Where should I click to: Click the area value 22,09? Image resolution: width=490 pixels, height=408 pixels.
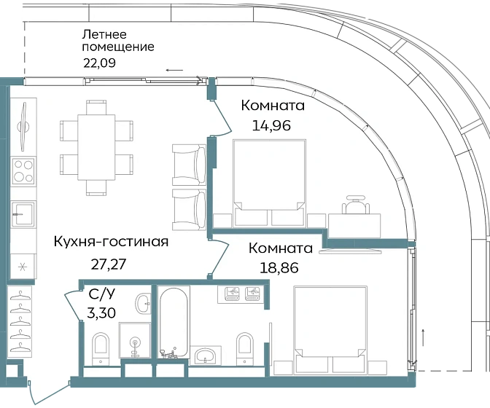coord(101,62)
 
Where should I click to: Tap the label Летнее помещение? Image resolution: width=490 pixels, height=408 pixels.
coord(117,40)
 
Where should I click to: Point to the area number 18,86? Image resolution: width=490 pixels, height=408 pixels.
coord(281,265)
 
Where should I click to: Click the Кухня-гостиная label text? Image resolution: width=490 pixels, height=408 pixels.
coord(112,243)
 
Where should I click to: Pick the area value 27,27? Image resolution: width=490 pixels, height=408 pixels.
coord(106,263)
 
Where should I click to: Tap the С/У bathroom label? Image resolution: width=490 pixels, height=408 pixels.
coord(101,296)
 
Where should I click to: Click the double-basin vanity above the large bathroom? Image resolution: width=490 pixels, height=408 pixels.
coord(243,294)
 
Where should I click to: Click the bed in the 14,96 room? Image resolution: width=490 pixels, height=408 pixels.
coord(268,181)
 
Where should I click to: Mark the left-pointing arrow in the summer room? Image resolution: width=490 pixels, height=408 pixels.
coord(174,70)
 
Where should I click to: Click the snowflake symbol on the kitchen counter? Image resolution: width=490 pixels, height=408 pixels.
coord(23,267)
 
